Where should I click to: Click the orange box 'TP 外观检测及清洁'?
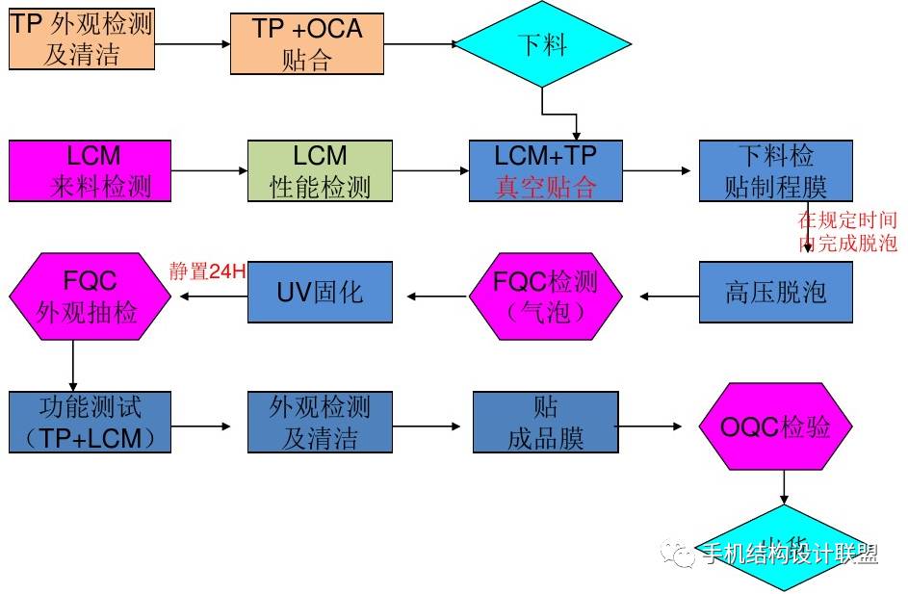click(x=82, y=40)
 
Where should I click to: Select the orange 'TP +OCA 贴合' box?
click(x=306, y=43)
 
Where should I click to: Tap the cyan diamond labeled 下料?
click(x=542, y=44)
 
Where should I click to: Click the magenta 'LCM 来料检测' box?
click(x=91, y=170)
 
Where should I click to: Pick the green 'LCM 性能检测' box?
click(x=320, y=170)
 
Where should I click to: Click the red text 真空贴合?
click(x=545, y=187)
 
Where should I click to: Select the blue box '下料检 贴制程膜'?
click(x=775, y=170)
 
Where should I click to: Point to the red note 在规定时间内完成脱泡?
click(x=847, y=232)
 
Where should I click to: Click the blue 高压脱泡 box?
click(x=775, y=292)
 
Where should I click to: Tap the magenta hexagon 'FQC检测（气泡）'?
click(x=545, y=296)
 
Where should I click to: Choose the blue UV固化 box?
click(x=320, y=292)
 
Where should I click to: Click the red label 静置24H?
click(x=208, y=271)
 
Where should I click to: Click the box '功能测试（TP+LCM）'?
click(x=91, y=422)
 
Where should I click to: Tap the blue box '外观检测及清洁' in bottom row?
click(x=320, y=422)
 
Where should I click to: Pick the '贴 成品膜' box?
click(x=545, y=422)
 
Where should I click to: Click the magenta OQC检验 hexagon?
click(x=776, y=427)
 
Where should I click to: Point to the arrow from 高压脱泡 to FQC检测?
click(x=669, y=296)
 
